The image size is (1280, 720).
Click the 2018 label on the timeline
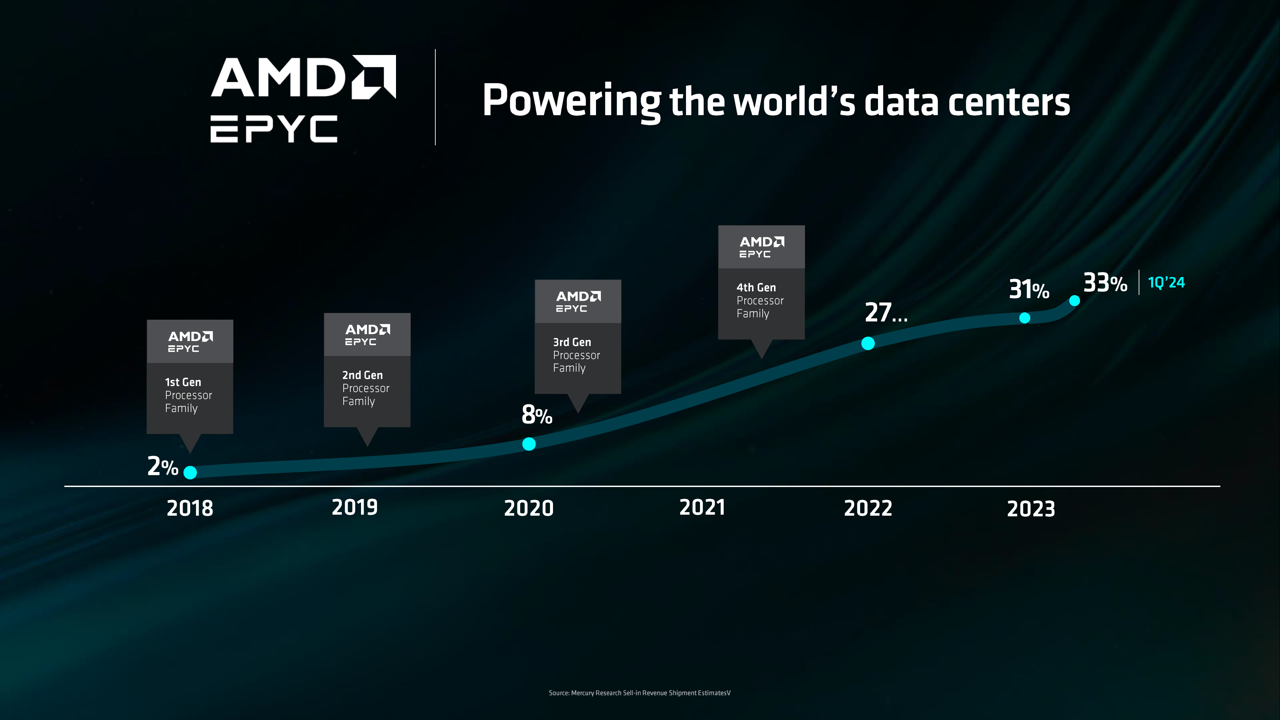tap(190, 508)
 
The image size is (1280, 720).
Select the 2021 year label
tap(702, 508)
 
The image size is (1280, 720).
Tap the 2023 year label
tap(1031, 509)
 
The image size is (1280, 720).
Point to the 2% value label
tap(162, 467)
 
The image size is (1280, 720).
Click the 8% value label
tap(537, 415)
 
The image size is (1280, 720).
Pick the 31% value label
tap(1029, 289)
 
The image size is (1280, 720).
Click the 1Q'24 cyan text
tap(1166, 283)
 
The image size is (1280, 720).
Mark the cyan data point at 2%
tap(190, 472)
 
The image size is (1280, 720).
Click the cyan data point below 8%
tap(529, 444)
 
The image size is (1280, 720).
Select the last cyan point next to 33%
tap(1074, 301)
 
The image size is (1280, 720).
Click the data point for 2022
tap(868, 343)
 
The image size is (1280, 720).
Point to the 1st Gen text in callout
tap(183, 382)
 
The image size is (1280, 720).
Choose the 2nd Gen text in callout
tap(362, 375)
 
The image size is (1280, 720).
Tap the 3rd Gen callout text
tap(572, 342)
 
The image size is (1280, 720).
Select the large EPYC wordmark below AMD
tap(274, 129)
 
